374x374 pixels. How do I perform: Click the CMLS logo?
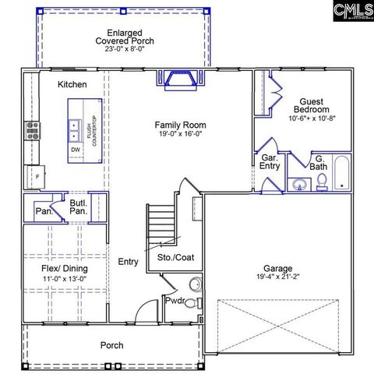(351, 10)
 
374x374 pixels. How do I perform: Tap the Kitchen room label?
(72, 84)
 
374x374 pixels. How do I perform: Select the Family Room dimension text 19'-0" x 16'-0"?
(179, 133)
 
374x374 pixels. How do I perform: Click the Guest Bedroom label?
(309, 104)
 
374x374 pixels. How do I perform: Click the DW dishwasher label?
(76, 150)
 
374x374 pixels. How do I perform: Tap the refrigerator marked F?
(33, 177)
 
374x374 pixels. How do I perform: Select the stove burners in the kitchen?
(33, 129)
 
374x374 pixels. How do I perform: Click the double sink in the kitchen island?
(76, 127)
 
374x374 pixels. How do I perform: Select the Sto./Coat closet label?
(175, 256)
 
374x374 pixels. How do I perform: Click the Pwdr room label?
(174, 300)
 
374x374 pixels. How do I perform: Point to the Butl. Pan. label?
(78, 206)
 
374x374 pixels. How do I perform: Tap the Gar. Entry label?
(270, 161)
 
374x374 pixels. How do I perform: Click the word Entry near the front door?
(128, 262)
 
